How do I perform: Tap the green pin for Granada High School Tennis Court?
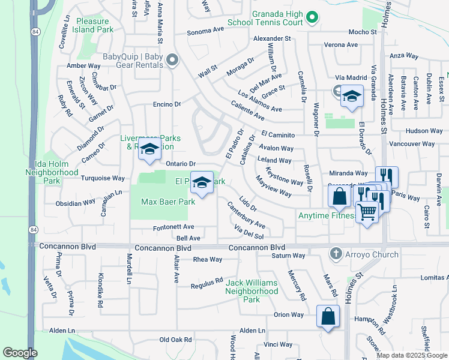coord(310,18)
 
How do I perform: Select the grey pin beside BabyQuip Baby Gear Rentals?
coord(173,60)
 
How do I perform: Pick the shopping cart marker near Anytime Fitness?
coord(367,211)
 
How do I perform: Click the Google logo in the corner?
coord(20,353)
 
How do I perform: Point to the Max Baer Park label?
coord(167,202)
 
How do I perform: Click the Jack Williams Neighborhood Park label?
coord(252,291)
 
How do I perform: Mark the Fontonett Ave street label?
coord(172,227)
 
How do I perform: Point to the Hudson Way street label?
coord(424,131)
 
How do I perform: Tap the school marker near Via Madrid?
coord(352,96)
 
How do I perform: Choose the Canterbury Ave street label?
coord(246,215)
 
